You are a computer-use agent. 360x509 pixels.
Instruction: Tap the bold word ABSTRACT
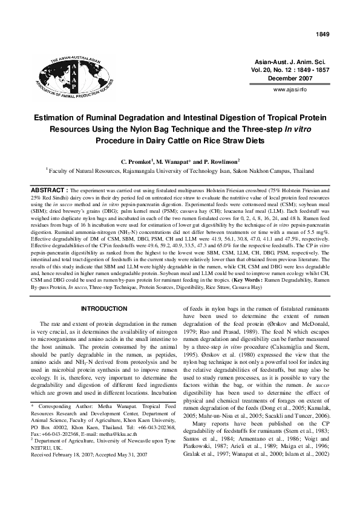pos(50,189)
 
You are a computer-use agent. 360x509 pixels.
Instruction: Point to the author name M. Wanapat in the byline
pos(177,163)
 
